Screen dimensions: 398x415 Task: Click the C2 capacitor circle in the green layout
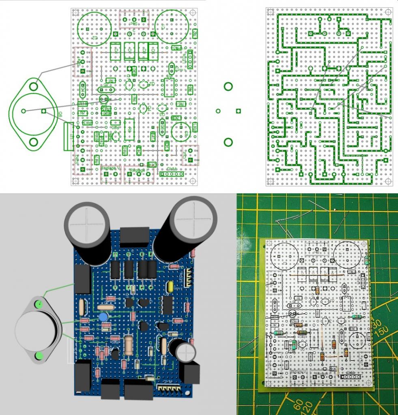(x=95, y=27)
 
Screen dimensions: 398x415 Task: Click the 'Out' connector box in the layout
(x=191, y=155)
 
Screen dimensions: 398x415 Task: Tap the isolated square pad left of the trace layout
(x=238, y=111)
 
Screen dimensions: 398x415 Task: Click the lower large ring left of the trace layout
(x=228, y=142)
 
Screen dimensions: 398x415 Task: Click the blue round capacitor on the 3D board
(x=103, y=317)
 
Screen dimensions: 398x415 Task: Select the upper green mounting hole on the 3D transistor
(x=39, y=304)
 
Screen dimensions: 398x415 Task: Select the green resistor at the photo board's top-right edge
(x=367, y=260)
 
